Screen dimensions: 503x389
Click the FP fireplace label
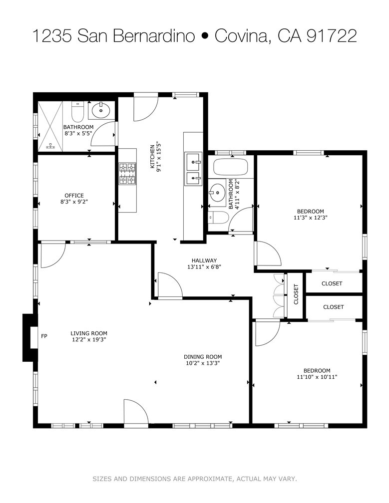(44, 336)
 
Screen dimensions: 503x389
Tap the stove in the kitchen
(127, 174)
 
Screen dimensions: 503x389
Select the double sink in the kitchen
(193, 169)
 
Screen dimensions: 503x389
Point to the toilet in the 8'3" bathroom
(78, 112)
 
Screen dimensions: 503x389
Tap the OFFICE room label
(74, 195)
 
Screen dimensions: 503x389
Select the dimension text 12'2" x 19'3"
(88, 340)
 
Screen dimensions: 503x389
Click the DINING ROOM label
(202, 356)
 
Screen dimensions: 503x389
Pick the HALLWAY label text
(204, 260)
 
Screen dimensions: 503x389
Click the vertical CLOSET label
(296, 294)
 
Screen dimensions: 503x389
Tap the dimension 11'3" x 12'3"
(310, 218)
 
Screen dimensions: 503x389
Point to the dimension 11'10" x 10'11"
(317, 377)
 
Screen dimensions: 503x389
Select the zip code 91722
(331, 36)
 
